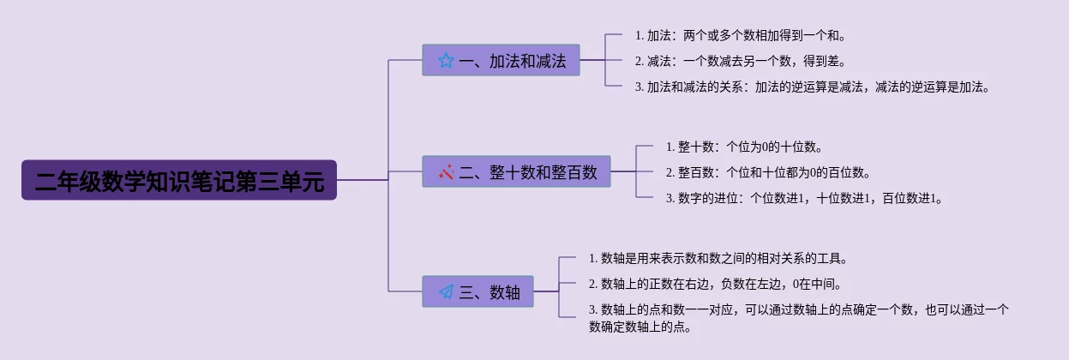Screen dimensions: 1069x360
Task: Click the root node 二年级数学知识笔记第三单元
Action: pyautogui.click(x=179, y=180)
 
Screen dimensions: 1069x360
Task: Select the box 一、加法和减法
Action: pyautogui.click(x=501, y=60)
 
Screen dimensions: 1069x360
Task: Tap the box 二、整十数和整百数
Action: pyautogui.click(x=516, y=171)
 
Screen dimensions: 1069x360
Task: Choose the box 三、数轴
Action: pyautogui.click(x=477, y=291)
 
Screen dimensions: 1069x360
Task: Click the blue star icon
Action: pyautogui.click(x=446, y=61)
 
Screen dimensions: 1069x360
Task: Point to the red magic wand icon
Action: pyautogui.click(x=447, y=172)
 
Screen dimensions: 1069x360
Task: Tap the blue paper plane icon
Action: pyautogui.click(x=447, y=291)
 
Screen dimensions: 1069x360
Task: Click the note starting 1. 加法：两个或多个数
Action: pyautogui.click(x=740, y=35)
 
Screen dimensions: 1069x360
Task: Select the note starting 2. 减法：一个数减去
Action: pyautogui.click(x=740, y=61)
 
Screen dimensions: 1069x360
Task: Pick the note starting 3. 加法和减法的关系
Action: pyautogui.click(x=812, y=87)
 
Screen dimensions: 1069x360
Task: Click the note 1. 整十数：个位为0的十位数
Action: pyautogui.click(x=744, y=147)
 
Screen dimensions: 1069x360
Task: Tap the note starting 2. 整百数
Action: pyautogui.click(x=768, y=172)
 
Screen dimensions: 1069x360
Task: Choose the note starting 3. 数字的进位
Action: pyautogui.click(x=804, y=198)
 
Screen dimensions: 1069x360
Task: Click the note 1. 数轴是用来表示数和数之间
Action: pyautogui.click(x=718, y=258)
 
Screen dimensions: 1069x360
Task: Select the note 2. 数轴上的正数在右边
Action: pyautogui.click(x=715, y=284)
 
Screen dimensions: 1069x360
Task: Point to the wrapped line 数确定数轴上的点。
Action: pyautogui.click(x=640, y=327)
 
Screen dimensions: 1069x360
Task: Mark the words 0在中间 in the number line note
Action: pyautogui.click(x=814, y=284)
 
